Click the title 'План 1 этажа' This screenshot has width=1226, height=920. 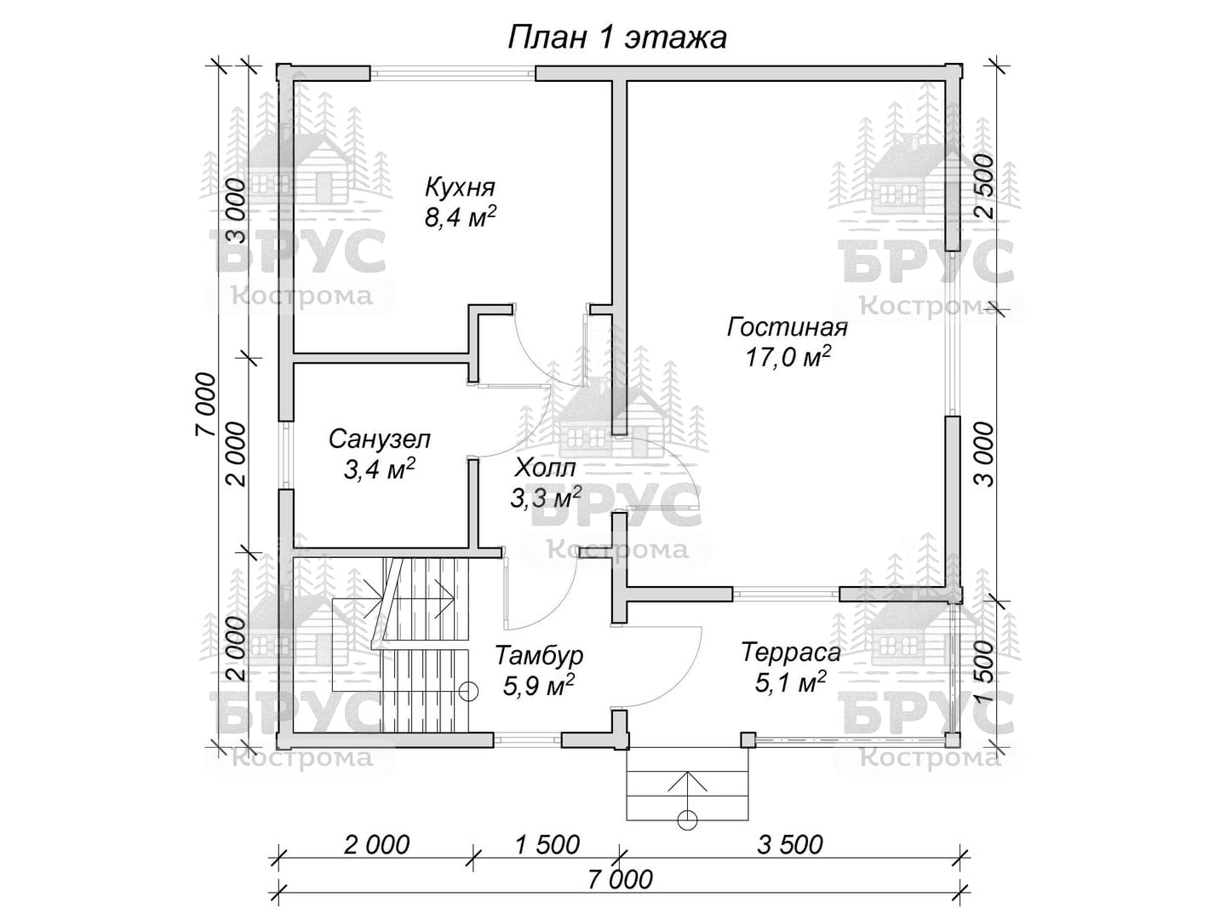617,38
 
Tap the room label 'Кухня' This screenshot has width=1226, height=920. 461,187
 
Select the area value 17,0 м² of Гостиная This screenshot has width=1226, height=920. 788,357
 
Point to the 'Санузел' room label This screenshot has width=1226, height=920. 379,439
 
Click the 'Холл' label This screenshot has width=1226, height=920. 545,468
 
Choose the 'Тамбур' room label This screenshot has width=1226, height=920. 539,655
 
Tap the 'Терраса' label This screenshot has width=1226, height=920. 791,653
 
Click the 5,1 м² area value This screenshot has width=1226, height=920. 791,682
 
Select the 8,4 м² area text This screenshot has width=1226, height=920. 461,216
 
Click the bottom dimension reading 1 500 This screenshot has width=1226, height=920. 547,844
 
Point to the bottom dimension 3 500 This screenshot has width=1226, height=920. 790,844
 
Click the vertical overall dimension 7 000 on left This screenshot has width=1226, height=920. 205,405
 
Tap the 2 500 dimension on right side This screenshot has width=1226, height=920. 984,186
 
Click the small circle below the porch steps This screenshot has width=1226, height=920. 687,820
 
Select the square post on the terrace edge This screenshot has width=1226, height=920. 748,740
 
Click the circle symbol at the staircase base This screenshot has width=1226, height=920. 468,692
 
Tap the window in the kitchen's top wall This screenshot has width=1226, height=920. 453,73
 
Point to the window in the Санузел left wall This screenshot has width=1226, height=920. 286,455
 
